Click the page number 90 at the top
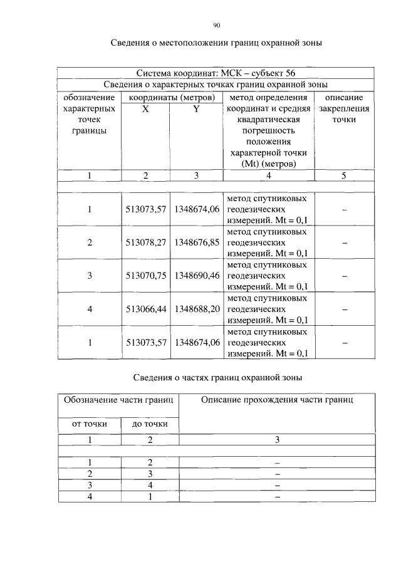coord(216,26)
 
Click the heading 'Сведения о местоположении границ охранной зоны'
coord(216,43)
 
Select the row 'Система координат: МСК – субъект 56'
coord(216,73)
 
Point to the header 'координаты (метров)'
coord(171,97)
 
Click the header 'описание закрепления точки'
coord(344,108)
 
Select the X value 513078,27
coord(145,242)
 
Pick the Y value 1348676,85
coord(196,242)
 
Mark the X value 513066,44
coord(145,309)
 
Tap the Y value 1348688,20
coord(196,309)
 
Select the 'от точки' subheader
coord(89,424)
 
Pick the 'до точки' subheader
coord(150,424)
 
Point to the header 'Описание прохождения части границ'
coord(277,400)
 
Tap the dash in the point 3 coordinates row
coord(344,276)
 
